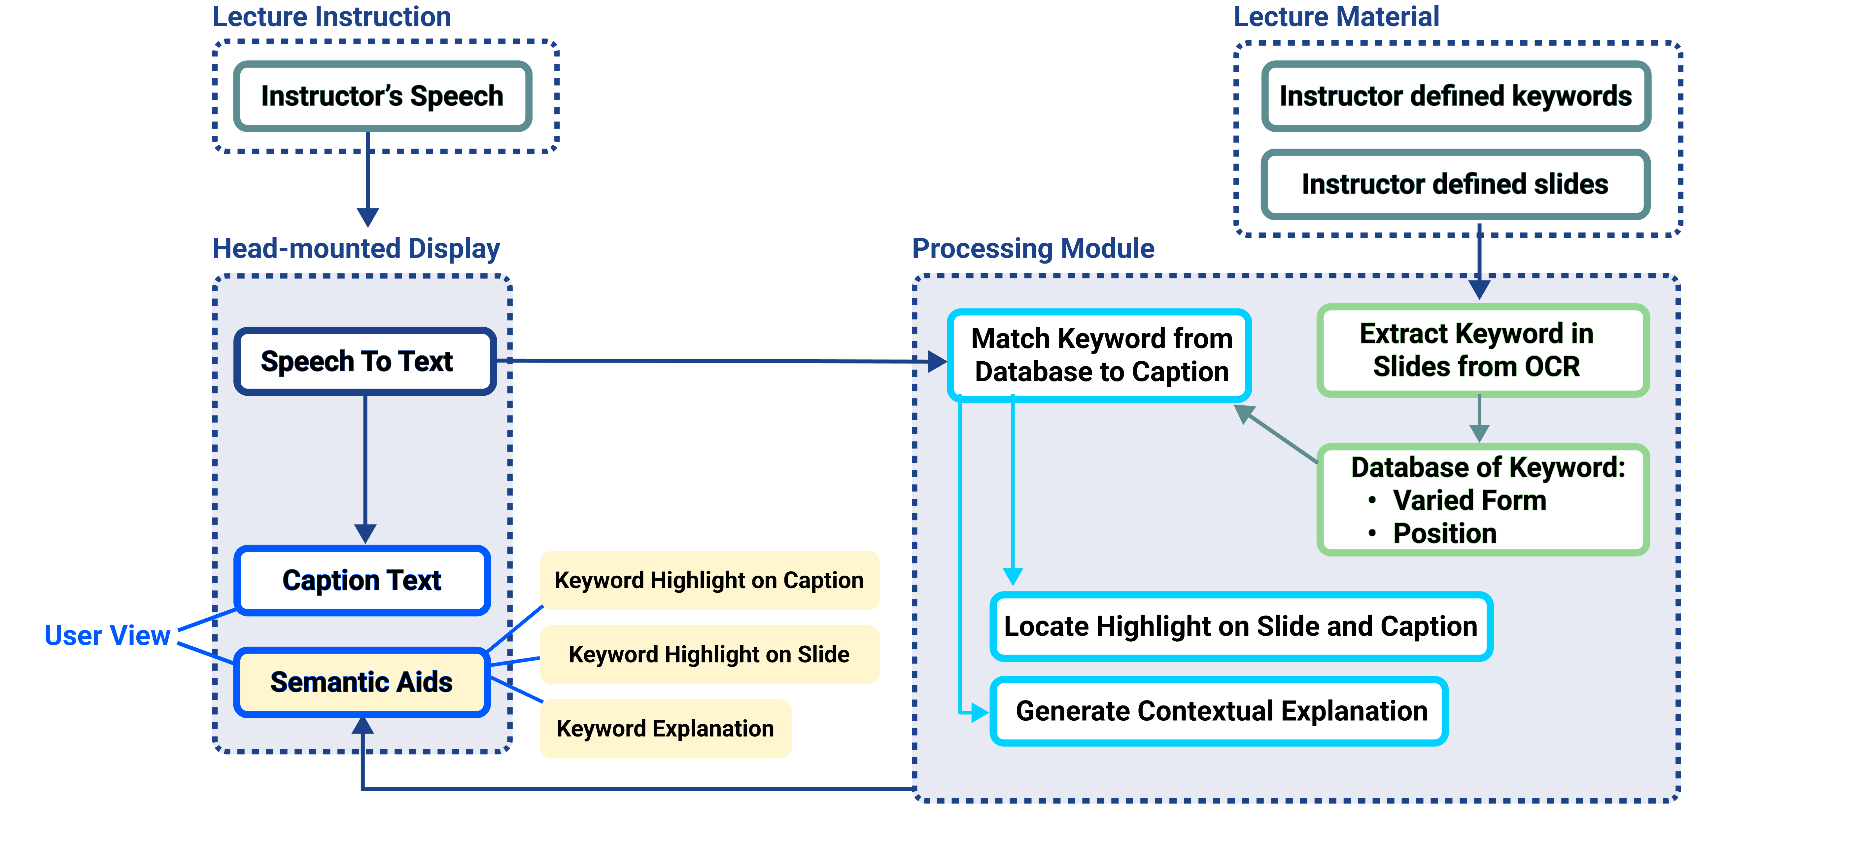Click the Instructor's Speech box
(382, 96)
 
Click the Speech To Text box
(364, 361)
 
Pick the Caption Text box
(362, 580)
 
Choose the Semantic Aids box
(362, 682)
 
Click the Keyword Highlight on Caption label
(709, 580)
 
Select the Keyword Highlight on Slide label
(709, 655)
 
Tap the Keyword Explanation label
(665, 728)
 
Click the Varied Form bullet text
(1469, 500)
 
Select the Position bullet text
(1444, 534)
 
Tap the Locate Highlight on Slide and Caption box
(1240, 626)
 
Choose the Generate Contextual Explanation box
(1221, 711)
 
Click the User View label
(107, 635)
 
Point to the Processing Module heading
(1033, 248)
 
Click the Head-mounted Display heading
(356, 248)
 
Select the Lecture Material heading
(1336, 16)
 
